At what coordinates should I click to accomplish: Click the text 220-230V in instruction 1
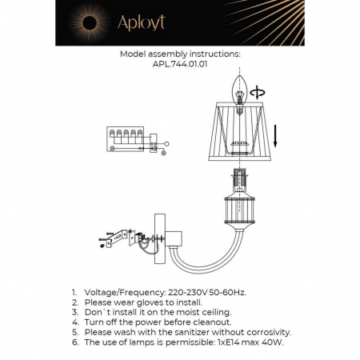[186, 294]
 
